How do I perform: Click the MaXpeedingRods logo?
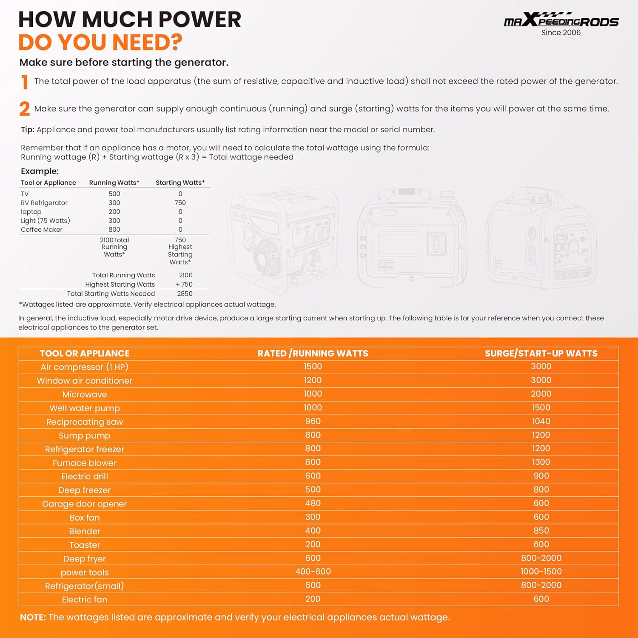coord(561,20)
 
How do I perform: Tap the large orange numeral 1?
coord(25,82)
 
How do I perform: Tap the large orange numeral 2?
coord(25,109)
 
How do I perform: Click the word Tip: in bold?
coord(28,130)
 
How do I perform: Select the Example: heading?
coord(40,171)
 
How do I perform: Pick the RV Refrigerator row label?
coord(44,203)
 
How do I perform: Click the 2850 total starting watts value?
coord(185,293)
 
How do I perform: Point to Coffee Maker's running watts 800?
coord(114,230)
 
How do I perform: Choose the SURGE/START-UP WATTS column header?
coord(541,353)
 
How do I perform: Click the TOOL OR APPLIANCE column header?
coord(85,353)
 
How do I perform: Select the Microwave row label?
coord(85,394)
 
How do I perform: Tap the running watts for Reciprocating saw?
coord(313,421)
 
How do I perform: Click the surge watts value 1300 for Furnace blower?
coord(541,462)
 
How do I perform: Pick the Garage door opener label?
coord(85,504)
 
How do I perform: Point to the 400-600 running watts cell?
coord(313,572)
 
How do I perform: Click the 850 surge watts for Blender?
coord(541,531)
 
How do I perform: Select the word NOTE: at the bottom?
coord(33,617)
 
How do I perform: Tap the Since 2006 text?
coord(561,33)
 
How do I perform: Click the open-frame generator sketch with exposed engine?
coord(283,240)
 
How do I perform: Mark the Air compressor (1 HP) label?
coord(85,367)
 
